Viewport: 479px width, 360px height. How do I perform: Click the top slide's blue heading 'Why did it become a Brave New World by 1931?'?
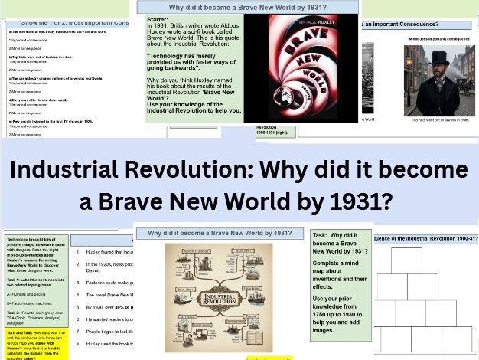point(246,6)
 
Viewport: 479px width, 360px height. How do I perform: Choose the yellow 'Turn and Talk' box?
point(35,342)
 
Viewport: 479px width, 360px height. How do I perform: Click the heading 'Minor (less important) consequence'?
point(439,36)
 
